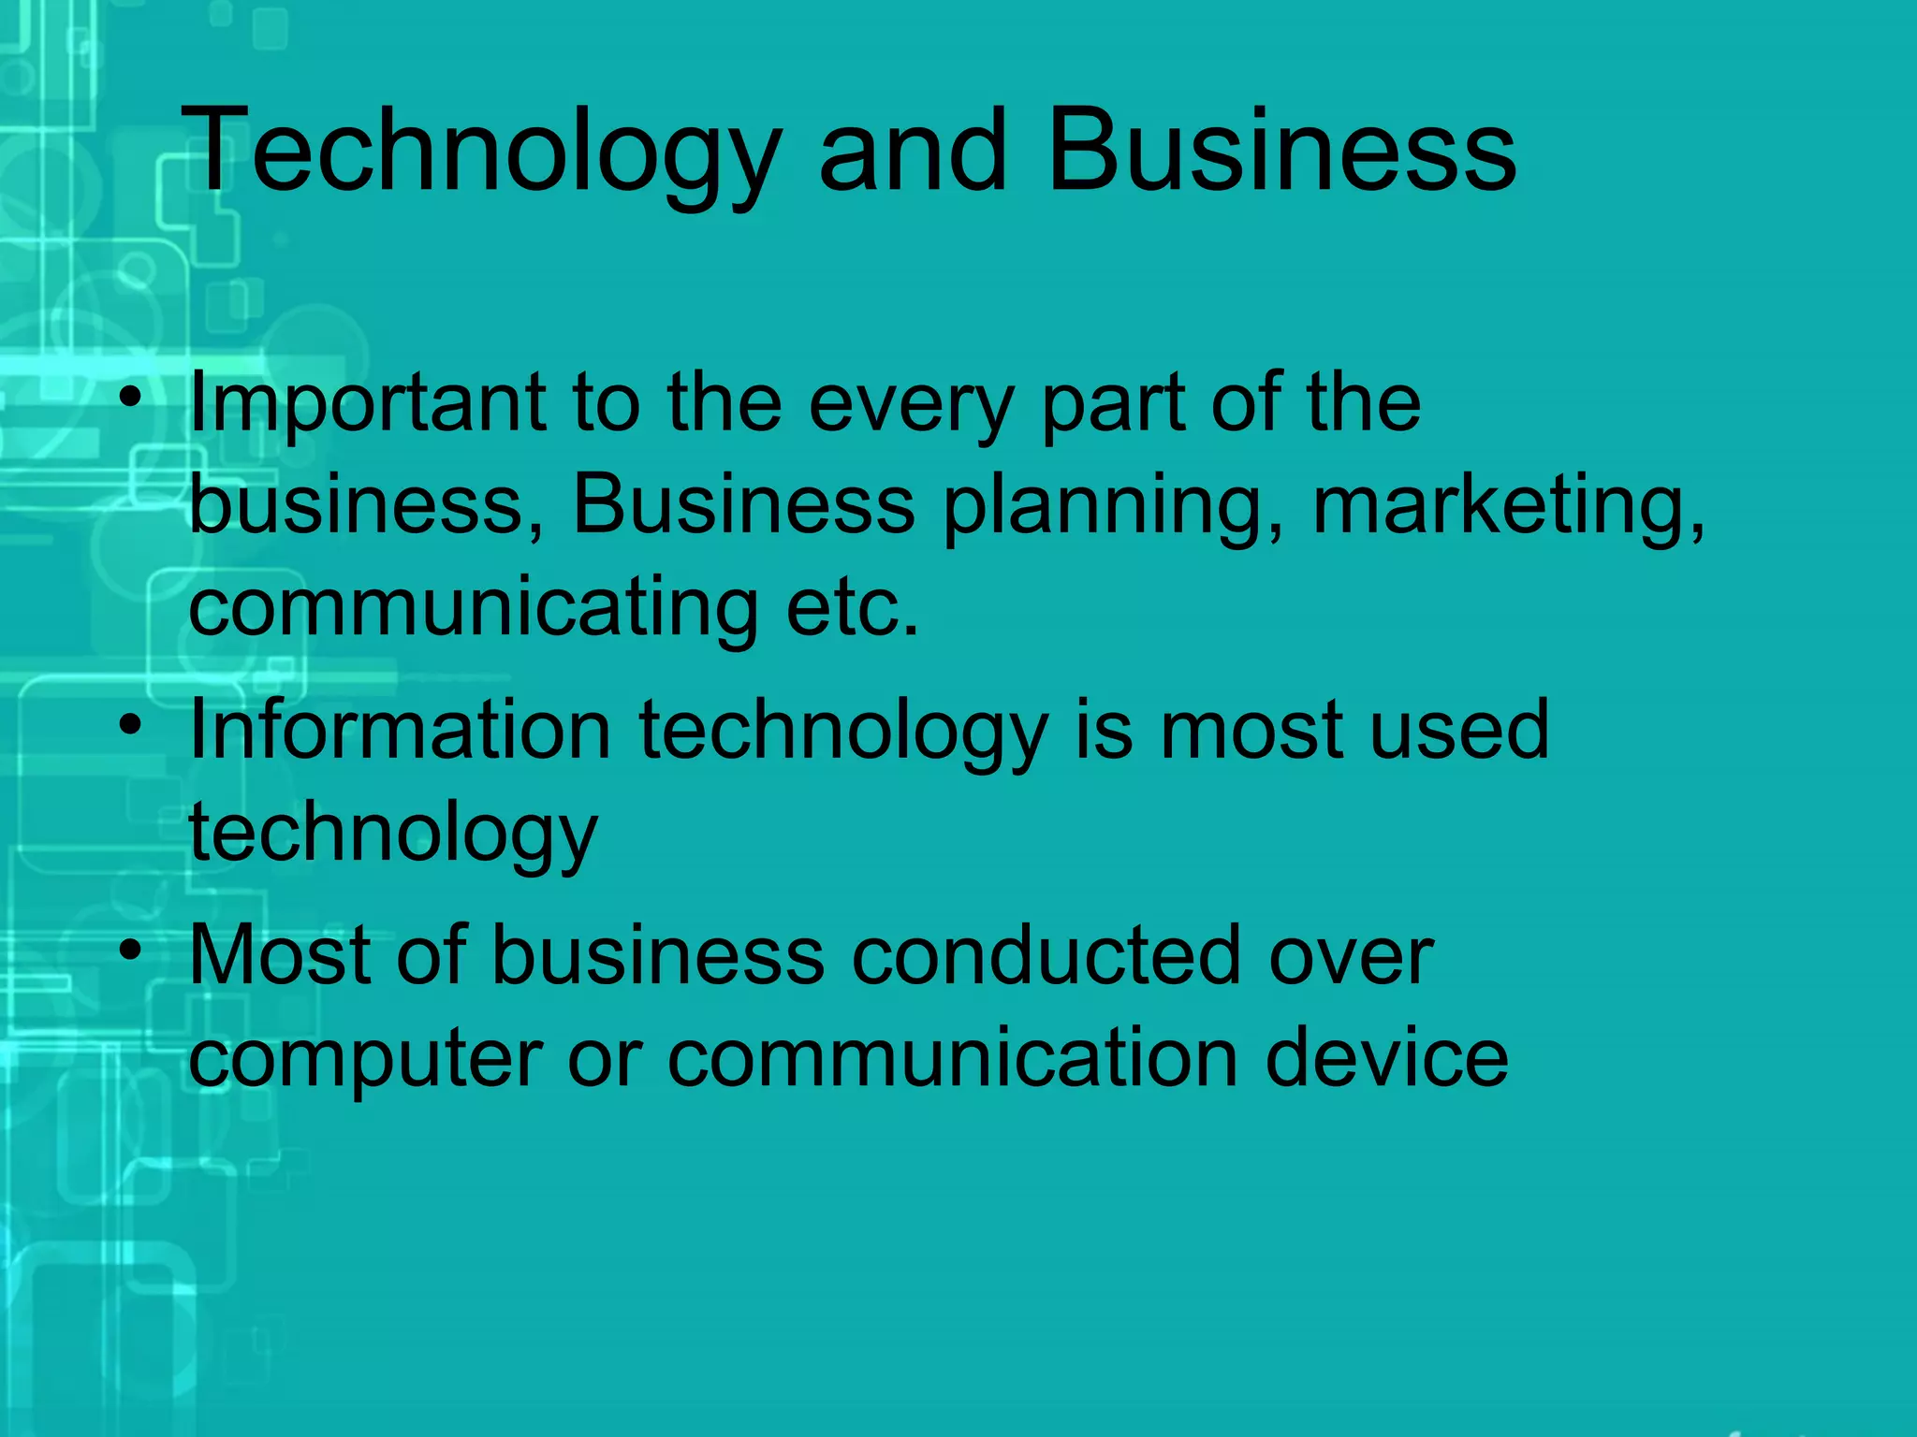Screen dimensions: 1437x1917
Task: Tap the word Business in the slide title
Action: [1280, 152]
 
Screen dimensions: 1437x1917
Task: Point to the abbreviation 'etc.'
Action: [853, 608]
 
